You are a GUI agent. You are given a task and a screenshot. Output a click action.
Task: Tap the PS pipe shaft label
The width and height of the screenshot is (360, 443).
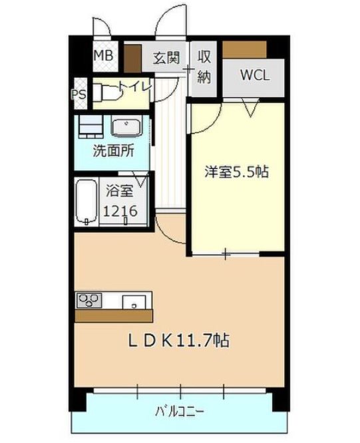(77, 94)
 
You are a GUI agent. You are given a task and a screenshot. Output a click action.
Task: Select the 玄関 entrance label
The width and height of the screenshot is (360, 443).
(166, 57)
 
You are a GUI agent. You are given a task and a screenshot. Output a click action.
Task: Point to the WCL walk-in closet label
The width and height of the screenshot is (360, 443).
(254, 74)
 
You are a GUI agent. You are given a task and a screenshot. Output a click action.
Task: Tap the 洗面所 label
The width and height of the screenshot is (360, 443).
(113, 150)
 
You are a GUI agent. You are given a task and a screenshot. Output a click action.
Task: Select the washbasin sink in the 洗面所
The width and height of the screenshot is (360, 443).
(126, 127)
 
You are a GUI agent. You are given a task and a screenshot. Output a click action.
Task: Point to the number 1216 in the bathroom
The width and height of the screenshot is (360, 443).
(121, 212)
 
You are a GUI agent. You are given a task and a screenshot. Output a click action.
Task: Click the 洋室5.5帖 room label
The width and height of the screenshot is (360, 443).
(236, 172)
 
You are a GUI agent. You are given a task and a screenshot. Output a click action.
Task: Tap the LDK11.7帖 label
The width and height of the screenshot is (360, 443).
(179, 341)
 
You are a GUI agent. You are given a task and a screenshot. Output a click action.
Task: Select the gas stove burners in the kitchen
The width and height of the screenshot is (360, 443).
(88, 300)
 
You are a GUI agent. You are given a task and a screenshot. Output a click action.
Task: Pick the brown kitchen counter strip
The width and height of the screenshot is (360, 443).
(113, 315)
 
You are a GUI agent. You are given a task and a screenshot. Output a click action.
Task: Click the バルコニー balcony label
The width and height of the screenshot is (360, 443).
(180, 409)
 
